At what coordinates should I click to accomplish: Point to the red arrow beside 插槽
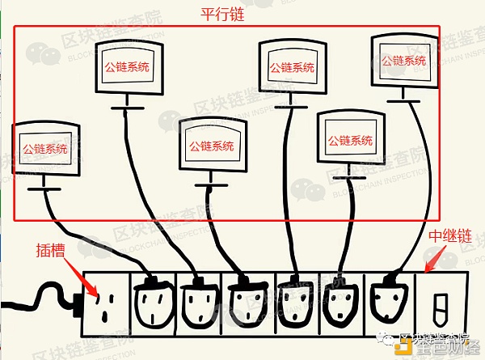point(82,273)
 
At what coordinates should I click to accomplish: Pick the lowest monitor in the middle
point(211,146)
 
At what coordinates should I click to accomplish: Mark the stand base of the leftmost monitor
point(44,191)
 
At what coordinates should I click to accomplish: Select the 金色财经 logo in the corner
point(441,347)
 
